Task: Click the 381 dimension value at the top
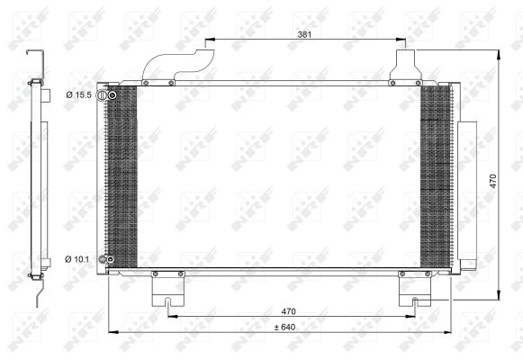(x=305, y=33)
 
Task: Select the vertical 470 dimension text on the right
(x=492, y=179)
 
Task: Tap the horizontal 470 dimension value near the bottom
(x=288, y=310)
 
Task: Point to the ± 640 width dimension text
(x=284, y=326)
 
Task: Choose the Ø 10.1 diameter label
(x=78, y=260)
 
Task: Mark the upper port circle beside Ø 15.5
(x=104, y=95)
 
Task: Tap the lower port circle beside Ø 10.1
(x=104, y=260)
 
